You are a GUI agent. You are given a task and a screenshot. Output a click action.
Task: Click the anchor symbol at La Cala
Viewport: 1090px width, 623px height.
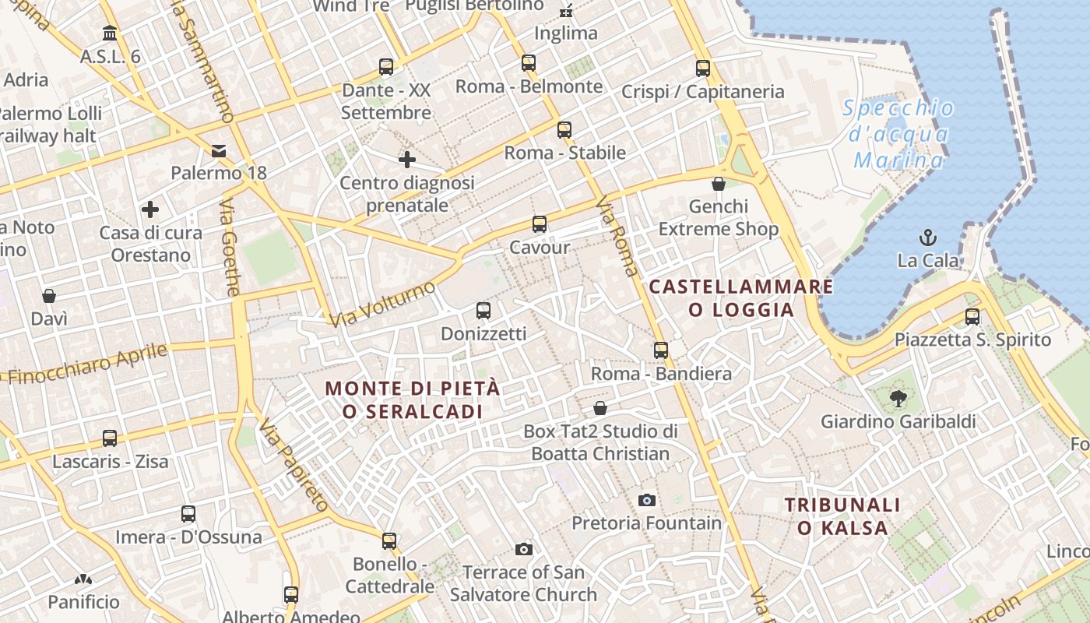click(928, 237)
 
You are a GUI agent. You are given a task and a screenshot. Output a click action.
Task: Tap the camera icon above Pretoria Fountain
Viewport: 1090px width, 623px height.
click(646, 500)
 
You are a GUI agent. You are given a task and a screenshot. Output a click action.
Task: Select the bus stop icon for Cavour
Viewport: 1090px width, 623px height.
click(540, 224)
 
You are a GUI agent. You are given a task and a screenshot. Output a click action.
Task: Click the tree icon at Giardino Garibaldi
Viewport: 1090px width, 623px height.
click(898, 399)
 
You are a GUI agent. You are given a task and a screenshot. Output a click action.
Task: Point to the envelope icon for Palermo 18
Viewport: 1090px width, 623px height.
click(219, 150)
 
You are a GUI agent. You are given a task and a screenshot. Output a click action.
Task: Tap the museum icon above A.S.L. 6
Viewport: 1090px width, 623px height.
click(110, 33)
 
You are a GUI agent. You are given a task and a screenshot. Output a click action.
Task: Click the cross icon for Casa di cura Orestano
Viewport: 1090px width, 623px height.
click(150, 209)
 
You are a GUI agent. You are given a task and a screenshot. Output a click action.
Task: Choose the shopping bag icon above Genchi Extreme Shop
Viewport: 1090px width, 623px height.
click(719, 184)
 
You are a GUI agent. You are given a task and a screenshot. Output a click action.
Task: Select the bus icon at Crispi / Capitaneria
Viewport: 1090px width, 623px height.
click(703, 69)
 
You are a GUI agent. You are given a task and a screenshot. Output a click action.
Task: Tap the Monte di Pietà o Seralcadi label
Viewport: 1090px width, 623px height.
click(412, 399)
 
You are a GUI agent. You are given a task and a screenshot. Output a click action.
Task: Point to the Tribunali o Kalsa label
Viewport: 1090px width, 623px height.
click(842, 516)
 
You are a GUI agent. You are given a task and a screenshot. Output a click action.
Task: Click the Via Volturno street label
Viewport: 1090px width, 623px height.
click(382, 304)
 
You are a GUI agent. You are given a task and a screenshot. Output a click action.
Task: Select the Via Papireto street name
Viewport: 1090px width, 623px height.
click(294, 464)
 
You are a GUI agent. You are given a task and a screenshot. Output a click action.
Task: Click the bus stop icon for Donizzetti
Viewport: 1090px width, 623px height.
click(483, 311)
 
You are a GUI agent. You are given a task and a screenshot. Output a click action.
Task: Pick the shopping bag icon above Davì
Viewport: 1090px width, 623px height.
click(49, 296)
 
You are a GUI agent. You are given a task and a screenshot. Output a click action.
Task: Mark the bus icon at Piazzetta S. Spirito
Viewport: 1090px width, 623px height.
click(972, 317)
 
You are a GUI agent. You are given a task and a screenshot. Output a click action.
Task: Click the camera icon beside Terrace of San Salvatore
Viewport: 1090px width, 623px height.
click(524, 550)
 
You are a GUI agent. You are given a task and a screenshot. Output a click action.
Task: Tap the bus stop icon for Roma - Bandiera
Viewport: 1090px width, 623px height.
click(661, 350)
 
